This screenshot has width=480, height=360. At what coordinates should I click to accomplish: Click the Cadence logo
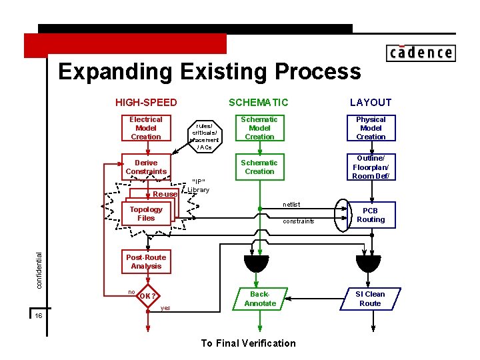pyautogui.click(x=420, y=53)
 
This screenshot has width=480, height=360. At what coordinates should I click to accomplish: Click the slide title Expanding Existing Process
pyautogui.click(x=209, y=71)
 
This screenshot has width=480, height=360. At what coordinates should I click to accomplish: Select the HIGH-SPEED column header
pyautogui.click(x=146, y=102)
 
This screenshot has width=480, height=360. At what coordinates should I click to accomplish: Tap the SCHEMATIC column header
pyautogui.click(x=259, y=102)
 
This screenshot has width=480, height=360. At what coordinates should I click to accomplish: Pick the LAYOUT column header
pyautogui.click(x=371, y=102)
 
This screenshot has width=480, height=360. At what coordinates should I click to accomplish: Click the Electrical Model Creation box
pyautogui.click(x=146, y=128)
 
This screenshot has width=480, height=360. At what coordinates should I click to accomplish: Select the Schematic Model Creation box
pyautogui.click(x=259, y=128)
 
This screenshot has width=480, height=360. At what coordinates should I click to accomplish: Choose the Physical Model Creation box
pyautogui.click(x=371, y=128)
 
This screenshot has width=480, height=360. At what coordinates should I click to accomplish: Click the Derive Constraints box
pyautogui.click(x=146, y=167)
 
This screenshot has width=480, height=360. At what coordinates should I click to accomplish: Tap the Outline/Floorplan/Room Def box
pyautogui.click(x=371, y=167)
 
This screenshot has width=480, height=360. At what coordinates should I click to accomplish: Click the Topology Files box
pyautogui.click(x=146, y=214)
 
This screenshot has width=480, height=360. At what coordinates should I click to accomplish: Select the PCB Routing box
pyautogui.click(x=371, y=215)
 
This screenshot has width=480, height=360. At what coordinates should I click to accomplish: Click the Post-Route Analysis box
pyautogui.click(x=146, y=261)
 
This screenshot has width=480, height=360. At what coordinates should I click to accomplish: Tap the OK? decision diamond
pyautogui.click(x=148, y=297)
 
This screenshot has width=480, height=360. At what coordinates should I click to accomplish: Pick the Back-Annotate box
pyautogui.click(x=260, y=299)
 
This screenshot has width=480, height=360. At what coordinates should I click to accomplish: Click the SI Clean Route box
pyautogui.click(x=370, y=299)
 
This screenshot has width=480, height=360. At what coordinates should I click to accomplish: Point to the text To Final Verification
pyautogui.click(x=248, y=343)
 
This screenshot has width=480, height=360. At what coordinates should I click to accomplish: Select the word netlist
pyautogui.click(x=291, y=204)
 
